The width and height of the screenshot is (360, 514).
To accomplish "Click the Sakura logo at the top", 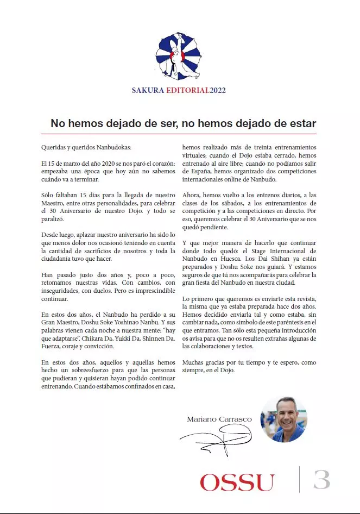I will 180,56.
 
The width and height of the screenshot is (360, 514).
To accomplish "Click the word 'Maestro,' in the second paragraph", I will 53,202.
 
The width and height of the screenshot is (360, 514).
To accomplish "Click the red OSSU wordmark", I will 237,482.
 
